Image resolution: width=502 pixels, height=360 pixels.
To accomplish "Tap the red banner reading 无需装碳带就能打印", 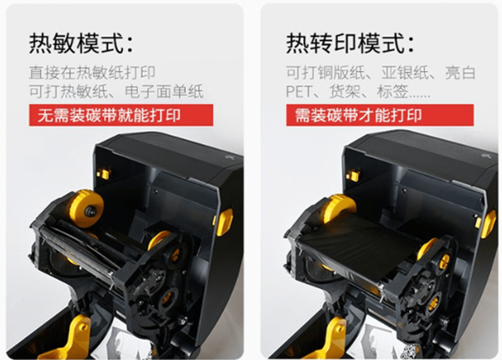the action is click(x=121, y=115).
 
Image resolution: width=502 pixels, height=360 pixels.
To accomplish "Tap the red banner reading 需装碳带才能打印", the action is click(x=380, y=115).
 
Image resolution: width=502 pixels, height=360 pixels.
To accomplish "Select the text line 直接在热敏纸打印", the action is click(x=92, y=72).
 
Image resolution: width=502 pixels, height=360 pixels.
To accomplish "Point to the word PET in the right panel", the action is click(x=299, y=91).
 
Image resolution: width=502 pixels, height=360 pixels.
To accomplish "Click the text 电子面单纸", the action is click(x=164, y=91).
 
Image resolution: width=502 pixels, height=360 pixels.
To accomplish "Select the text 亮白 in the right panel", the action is click(x=460, y=73).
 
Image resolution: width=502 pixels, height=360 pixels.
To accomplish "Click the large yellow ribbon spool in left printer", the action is click(x=86, y=208).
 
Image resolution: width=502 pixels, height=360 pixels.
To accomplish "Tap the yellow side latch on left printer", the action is click(x=224, y=222).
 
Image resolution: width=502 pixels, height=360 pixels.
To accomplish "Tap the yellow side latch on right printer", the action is click(x=489, y=224).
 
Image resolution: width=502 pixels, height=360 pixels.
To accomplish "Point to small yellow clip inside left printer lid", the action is click(x=105, y=174).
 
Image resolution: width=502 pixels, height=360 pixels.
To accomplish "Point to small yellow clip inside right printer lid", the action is click(x=353, y=176).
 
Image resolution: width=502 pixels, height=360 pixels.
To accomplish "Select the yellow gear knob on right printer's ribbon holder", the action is click(x=443, y=260).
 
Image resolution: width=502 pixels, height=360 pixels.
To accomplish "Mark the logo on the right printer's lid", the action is click(x=485, y=155).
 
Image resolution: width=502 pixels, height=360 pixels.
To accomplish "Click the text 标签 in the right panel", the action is click(x=392, y=91).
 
